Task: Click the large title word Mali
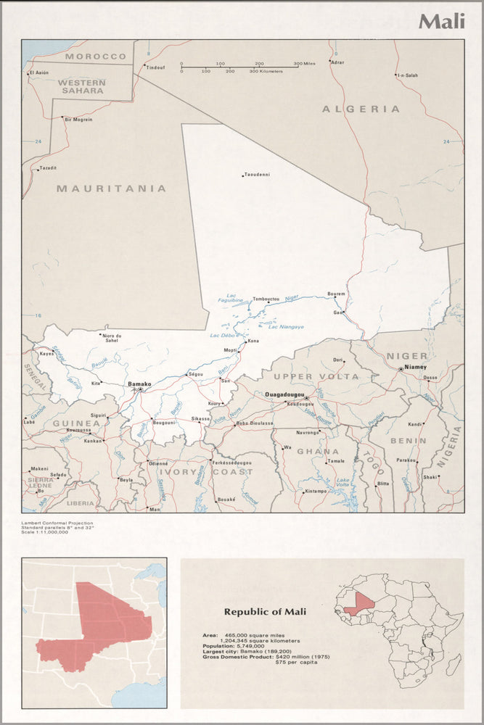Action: (x=441, y=21)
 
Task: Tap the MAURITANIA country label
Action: (x=112, y=188)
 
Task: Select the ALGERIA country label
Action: (x=361, y=109)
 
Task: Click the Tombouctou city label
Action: (x=266, y=299)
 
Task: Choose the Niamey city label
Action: (x=416, y=367)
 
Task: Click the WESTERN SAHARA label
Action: (x=82, y=87)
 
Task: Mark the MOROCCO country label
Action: (x=96, y=56)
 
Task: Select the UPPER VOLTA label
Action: (x=316, y=377)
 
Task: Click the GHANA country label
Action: (x=318, y=451)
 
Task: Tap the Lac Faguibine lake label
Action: (x=232, y=299)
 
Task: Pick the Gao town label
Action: (x=337, y=312)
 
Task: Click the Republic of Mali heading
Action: (x=265, y=612)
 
